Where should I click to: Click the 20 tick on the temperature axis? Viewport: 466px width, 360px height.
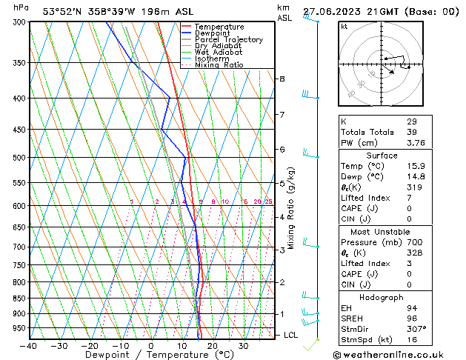[x=212, y=346]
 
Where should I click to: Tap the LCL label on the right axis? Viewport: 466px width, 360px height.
[x=292, y=335]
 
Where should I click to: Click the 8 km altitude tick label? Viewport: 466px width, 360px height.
[x=282, y=79]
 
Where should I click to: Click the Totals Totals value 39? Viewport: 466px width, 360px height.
[x=411, y=132]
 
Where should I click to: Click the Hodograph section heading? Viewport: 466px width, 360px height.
[x=382, y=297]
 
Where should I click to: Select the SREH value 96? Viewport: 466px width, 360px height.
[x=411, y=318]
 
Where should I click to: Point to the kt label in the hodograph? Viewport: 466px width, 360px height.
[x=344, y=27]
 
